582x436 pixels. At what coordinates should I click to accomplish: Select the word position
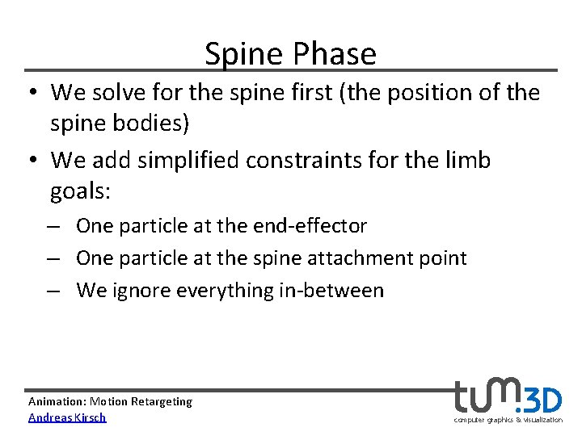[407, 93]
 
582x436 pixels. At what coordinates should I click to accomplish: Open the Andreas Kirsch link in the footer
[67, 417]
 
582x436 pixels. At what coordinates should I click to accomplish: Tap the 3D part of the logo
[544, 400]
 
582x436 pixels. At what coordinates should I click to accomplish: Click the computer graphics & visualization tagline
[508, 420]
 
